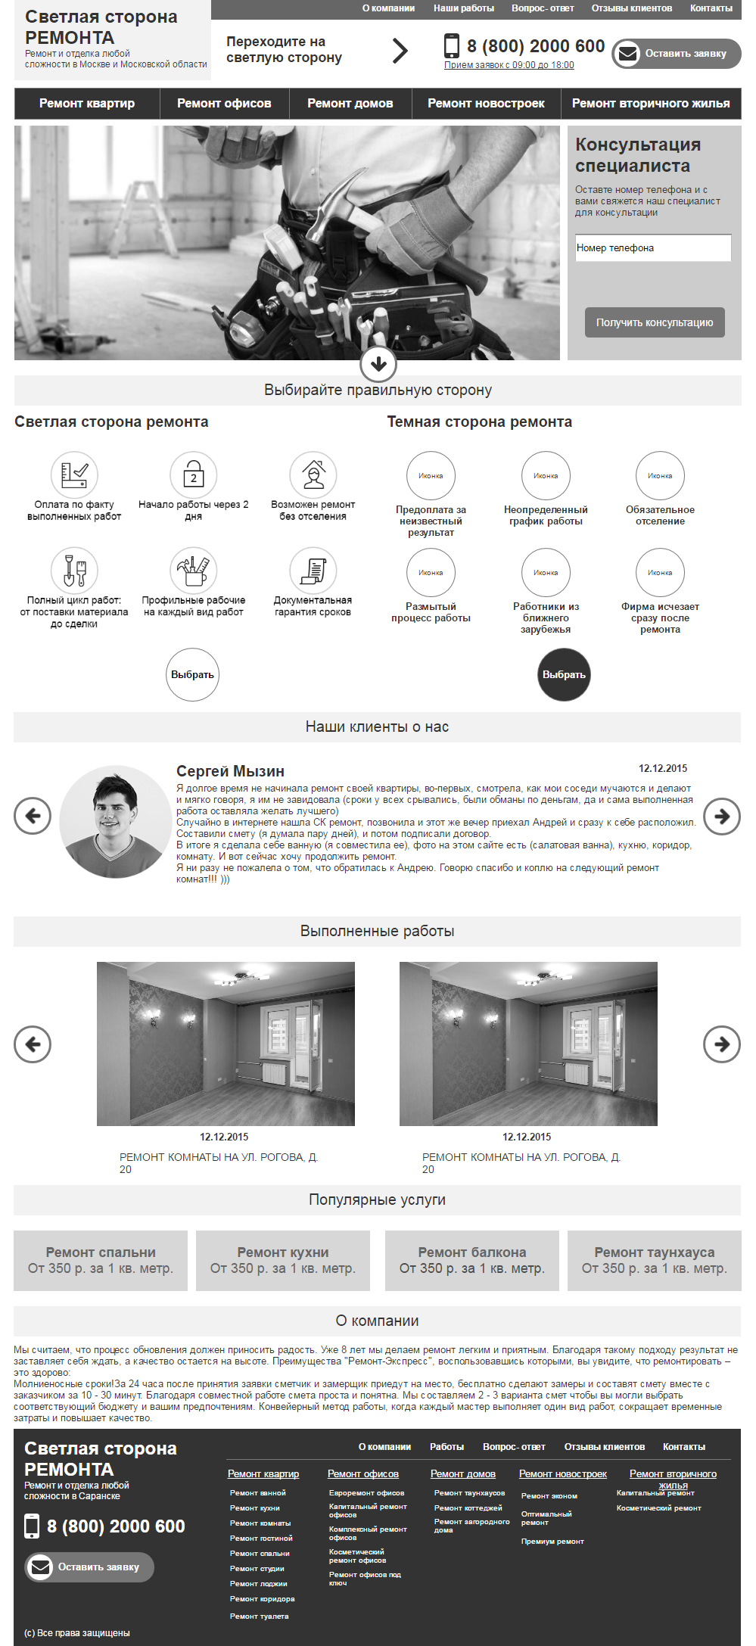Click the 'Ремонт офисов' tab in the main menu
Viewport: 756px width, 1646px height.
pyautogui.click(x=224, y=104)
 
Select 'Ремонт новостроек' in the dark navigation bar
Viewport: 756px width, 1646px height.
pyautogui.click(x=486, y=104)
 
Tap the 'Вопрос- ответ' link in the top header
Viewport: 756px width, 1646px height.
pyautogui.click(x=543, y=8)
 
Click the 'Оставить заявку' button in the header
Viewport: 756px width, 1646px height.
pyautogui.click(x=677, y=54)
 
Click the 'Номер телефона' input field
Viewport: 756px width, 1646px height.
pyautogui.click(x=653, y=248)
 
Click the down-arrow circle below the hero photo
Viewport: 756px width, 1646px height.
pyautogui.click(x=378, y=365)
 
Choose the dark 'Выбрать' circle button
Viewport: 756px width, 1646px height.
pyautogui.click(x=564, y=674)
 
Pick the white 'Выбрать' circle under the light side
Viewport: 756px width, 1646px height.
pyautogui.click(x=192, y=674)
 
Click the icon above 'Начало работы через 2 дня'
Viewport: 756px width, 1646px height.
pyautogui.click(x=194, y=475)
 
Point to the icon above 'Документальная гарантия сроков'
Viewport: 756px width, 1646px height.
pyautogui.click(x=313, y=571)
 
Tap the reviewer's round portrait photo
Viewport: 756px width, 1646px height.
pyautogui.click(x=116, y=821)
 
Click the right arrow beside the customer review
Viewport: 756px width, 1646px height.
pyautogui.click(x=721, y=817)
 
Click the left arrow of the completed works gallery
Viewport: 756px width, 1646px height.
pyautogui.click(x=33, y=1044)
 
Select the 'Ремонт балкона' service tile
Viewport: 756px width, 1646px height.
pyautogui.click(x=471, y=1260)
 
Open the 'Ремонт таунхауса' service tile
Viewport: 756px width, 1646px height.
pyautogui.click(x=654, y=1260)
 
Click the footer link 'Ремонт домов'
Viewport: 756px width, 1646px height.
pyautogui.click(x=462, y=1473)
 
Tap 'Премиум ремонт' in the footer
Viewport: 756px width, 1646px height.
pyautogui.click(x=552, y=1542)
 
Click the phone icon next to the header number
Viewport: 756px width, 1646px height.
pyautogui.click(x=451, y=46)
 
